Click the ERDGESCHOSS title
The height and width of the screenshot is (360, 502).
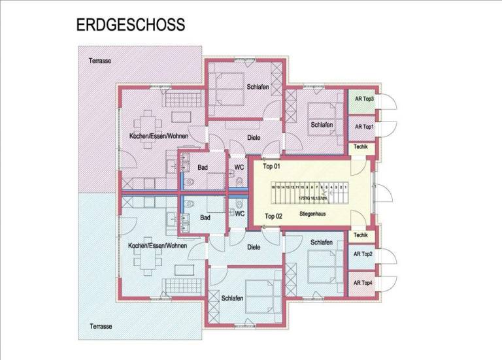(131, 25)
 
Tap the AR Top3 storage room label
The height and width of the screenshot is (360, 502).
(363, 99)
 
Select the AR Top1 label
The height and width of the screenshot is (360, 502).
(363, 127)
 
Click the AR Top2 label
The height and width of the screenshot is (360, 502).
(363, 254)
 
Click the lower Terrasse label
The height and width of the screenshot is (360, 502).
(99, 325)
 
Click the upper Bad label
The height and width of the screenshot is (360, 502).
(203, 168)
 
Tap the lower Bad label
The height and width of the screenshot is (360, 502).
(205, 218)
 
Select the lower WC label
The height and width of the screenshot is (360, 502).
(239, 213)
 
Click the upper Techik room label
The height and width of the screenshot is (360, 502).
(360, 148)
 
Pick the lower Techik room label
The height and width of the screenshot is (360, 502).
(360, 235)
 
